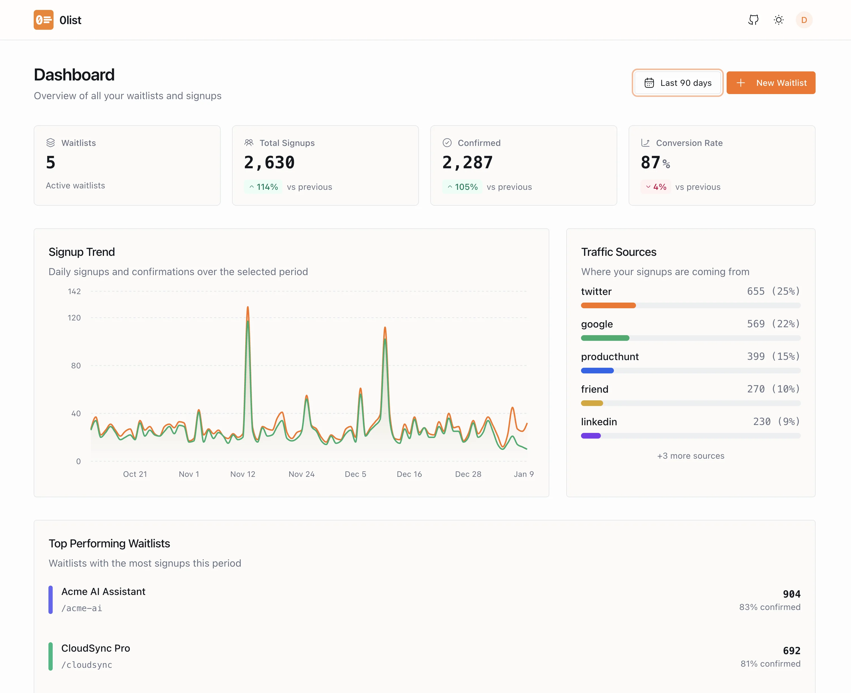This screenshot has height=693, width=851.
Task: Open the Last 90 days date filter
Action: coord(677,83)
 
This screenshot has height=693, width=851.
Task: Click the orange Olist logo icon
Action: coord(44,20)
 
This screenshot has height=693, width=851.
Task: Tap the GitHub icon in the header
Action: coord(753,20)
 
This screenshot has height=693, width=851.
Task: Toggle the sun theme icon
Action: coord(778,20)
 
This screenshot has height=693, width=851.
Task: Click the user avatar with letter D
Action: coord(804,20)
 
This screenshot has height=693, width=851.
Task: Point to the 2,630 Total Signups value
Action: coord(269,162)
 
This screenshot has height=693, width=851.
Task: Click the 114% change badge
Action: coord(263,187)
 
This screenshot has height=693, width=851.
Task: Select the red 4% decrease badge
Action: coord(656,187)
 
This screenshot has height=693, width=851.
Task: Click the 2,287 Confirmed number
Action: coord(467,162)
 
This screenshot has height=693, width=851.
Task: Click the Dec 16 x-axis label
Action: coord(409,474)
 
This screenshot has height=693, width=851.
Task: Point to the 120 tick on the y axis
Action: coord(74,318)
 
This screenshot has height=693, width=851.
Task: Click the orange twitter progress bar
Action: coord(608,305)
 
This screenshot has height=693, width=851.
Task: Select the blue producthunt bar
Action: coord(597,371)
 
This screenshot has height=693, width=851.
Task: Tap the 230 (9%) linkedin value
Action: coord(776,422)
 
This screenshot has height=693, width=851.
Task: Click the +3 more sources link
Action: coord(691,456)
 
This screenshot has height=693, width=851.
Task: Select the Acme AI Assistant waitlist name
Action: coord(103,592)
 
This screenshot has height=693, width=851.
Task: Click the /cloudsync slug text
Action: coord(87,665)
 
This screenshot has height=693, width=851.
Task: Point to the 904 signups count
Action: coord(791,594)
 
